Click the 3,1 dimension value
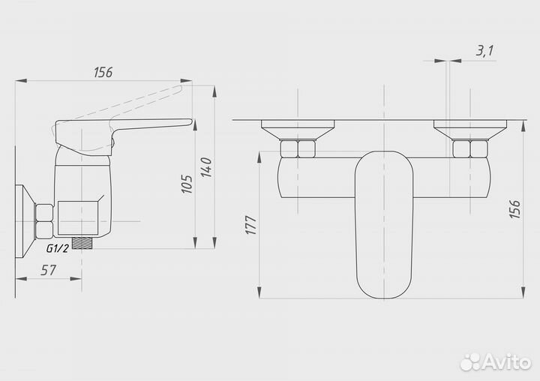484,51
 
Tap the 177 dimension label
250,225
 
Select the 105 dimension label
187,184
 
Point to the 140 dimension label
206,167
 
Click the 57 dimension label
48,270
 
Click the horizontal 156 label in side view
103,72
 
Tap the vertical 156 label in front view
514,208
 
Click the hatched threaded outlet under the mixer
82,242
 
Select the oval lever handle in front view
384,224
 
